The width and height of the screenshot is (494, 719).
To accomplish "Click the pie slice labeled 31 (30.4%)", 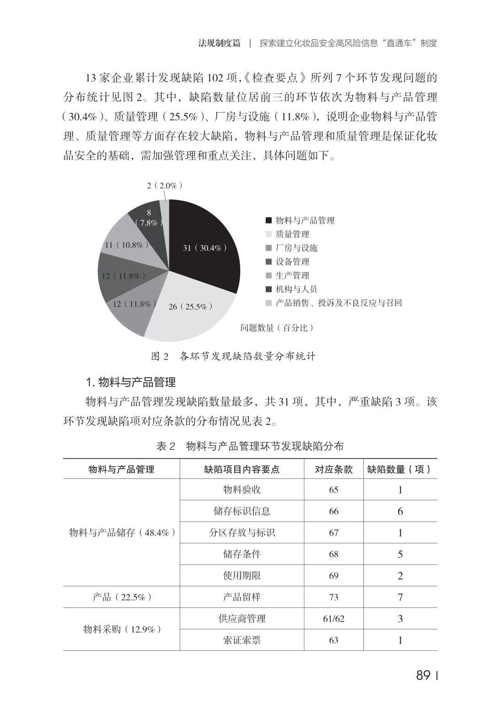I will [205, 248].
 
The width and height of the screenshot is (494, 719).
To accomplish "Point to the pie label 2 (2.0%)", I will [165, 185].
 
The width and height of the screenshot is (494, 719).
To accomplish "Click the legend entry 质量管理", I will [292, 234].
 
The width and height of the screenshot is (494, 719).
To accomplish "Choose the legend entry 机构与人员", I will [296, 289].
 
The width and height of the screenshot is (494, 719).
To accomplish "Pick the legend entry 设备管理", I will [292, 262].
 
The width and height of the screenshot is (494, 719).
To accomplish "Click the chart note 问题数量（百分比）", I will [277, 328].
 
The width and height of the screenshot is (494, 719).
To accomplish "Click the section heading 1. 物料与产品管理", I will [131, 382].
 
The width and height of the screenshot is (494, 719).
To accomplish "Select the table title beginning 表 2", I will [250, 446].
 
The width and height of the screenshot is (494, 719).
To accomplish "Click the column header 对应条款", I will [333, 469].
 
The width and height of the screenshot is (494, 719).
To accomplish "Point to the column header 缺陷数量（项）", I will [400, 469].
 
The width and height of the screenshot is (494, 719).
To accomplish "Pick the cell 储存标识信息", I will [242, 511].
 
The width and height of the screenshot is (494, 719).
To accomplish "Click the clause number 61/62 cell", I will [333, 619].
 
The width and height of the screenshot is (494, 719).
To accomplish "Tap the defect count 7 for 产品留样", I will [400, 597].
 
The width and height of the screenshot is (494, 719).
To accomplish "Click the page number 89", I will [424, 676].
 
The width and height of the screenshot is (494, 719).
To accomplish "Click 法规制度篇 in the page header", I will [219, 43].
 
